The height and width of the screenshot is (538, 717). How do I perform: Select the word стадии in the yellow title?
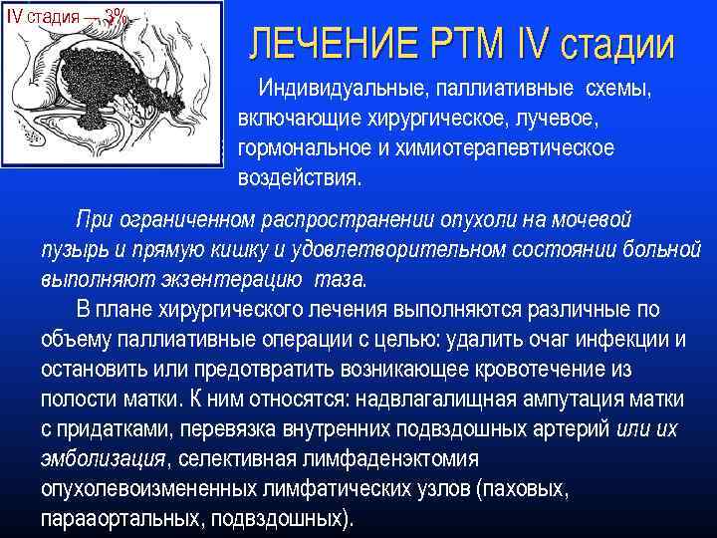(x=616, y=44)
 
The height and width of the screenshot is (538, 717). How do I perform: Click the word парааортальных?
(x=116, y=519)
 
